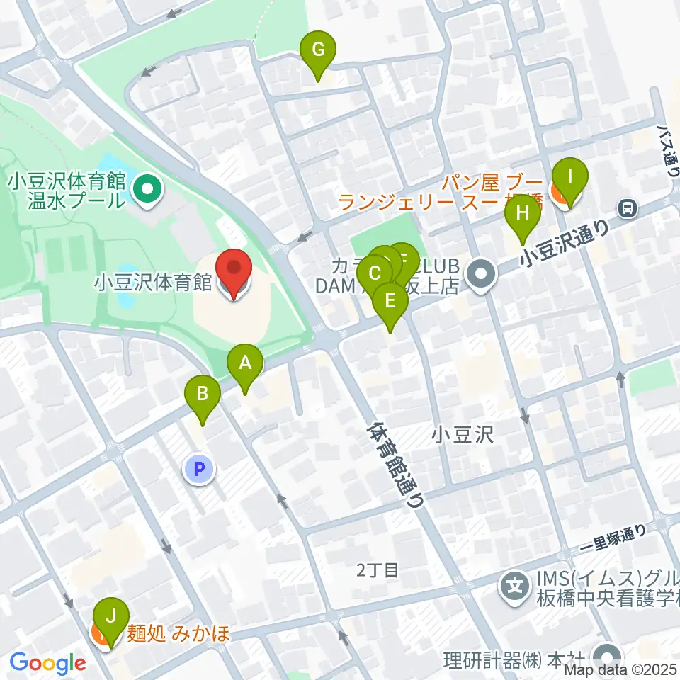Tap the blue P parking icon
(x=200, y=469)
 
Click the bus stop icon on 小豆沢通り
(x=627, y=208)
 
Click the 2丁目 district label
(x=378, y=569)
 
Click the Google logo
(x=47, y=664)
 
